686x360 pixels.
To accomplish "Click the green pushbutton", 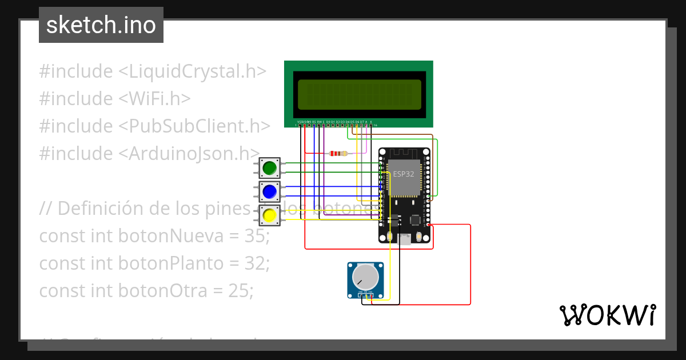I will tap(269, 167).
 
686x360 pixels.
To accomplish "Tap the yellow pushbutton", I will tap(269, 215).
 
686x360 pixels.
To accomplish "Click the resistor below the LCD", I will tap(338, 153).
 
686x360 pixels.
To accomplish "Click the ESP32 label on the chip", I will tap(403, 174).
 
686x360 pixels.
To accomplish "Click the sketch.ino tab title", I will tap(101, 25).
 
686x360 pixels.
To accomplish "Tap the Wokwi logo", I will tap(608, 315).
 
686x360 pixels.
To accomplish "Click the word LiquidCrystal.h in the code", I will tap(192, 71).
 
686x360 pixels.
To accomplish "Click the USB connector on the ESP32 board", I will tap(405, 239).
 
